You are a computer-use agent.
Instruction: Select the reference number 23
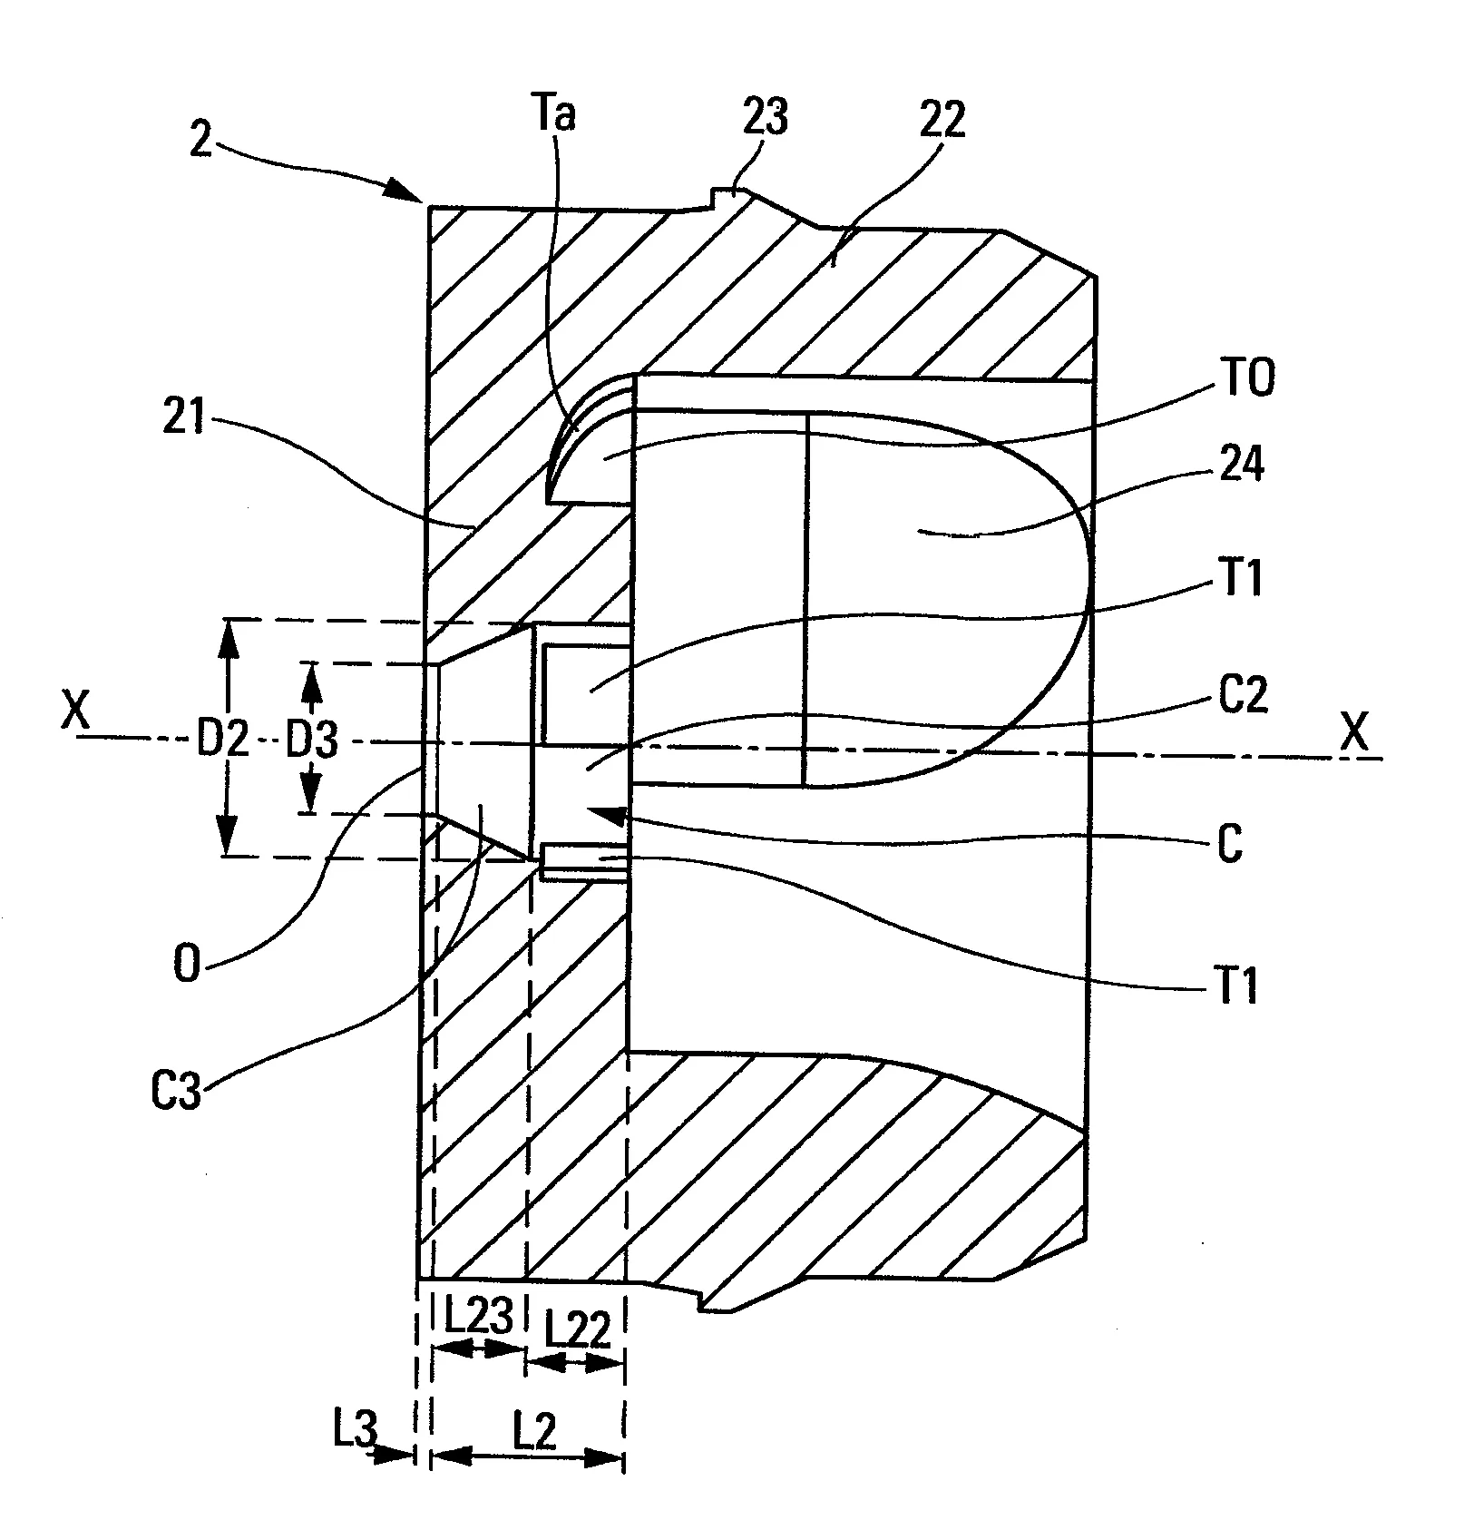tap(765, 118)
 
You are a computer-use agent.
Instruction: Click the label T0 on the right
tap(1247, 378)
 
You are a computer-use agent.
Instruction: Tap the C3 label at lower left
tap(177, 1093)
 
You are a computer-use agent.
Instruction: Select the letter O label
tap(185, 967)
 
